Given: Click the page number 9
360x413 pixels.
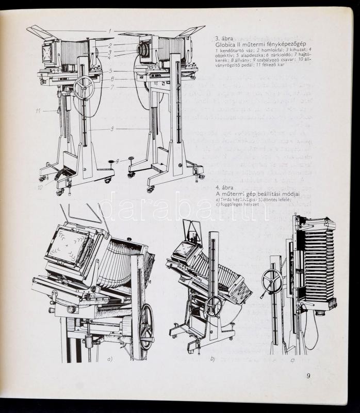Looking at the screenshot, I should pos(308,375).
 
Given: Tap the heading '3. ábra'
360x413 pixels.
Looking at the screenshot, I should pos(224,38).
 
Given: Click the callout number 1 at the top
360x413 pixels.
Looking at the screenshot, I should pos(110,31).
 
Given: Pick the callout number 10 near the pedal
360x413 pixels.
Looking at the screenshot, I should pos(40,187).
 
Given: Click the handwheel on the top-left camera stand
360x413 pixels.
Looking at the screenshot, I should pos(84,87).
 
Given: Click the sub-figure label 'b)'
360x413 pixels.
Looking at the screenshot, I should pos(212,358).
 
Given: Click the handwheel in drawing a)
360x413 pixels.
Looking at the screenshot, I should pos(146,326).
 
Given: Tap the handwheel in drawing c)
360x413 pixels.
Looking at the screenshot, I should pos(272,280).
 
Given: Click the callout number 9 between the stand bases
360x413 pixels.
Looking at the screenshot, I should pos(117,162).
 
